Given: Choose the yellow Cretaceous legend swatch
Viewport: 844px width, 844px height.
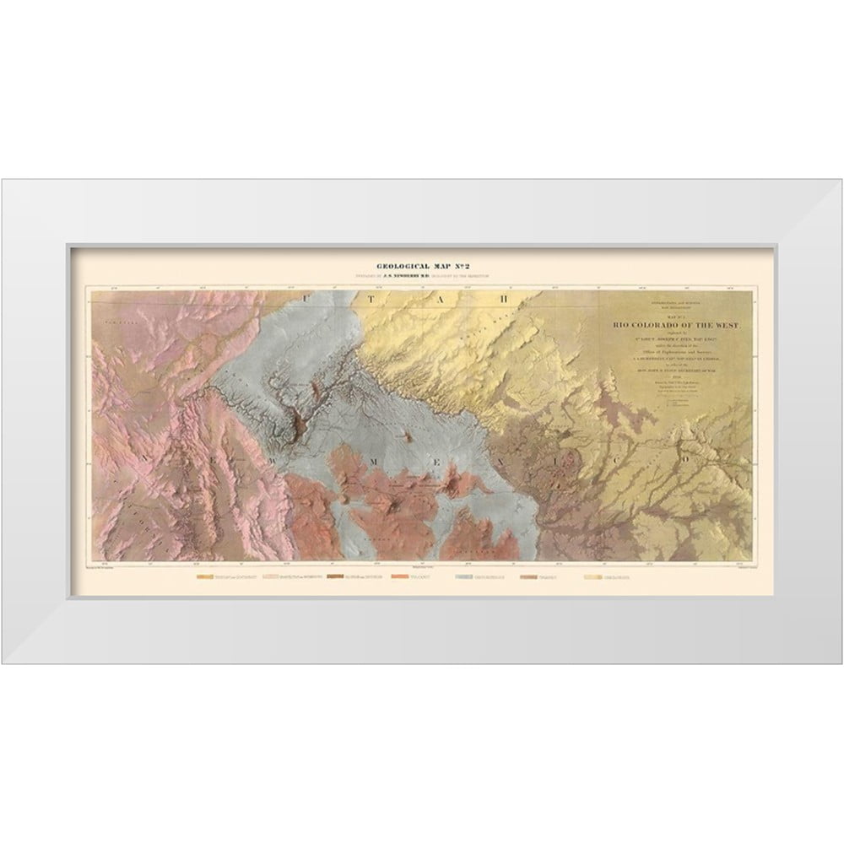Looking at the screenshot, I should click(x=593, y=578).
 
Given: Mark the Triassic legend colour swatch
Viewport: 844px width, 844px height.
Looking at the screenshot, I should click(x=531, y=578).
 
